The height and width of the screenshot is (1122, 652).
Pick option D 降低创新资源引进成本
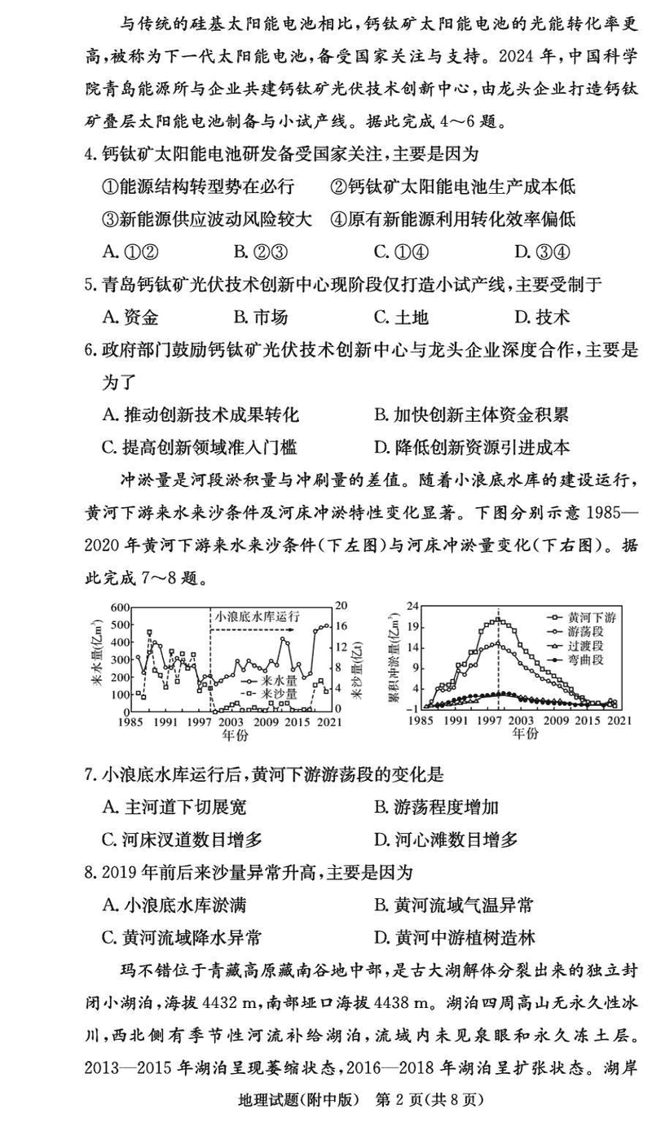tap(471, 447)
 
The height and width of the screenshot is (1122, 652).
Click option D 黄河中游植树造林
tap(453, 937)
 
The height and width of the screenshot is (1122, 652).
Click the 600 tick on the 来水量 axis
tap(120, 608)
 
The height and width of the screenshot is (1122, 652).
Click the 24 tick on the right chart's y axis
tap(412, 607)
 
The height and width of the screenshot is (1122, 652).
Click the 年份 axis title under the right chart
tap(525, 734)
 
